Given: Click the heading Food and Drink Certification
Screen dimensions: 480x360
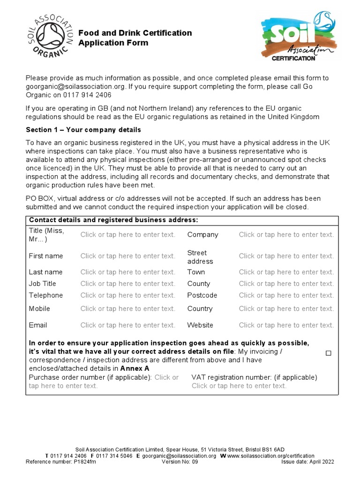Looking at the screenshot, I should (135, 33).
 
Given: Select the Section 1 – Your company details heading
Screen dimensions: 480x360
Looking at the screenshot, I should (83, 129).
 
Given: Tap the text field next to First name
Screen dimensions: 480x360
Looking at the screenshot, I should (127, 256).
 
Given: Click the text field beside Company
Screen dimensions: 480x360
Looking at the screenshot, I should (286, 234).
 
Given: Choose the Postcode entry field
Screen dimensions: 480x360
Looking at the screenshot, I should (286, 295).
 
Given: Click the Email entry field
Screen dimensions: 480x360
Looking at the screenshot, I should (127, 325).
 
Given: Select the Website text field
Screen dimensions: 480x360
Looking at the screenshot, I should (286, 325).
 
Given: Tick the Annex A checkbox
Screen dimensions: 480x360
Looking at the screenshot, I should (328, 353).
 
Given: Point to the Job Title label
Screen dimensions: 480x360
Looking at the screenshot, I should (42, 284).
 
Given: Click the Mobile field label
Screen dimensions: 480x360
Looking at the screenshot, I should (39, 308).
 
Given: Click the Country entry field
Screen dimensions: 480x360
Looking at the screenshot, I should (286, 308).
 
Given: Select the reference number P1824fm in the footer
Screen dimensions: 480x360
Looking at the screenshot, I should (85, 461).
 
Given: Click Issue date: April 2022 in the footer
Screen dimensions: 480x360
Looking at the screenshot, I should (307, 461).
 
